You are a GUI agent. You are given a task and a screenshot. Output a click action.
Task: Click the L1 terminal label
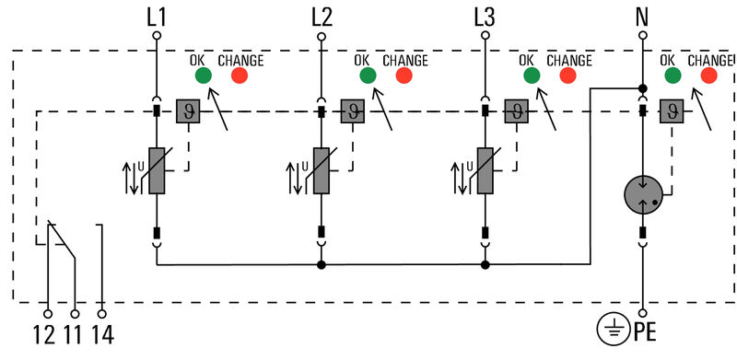156,16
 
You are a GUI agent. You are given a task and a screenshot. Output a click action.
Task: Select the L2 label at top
321,16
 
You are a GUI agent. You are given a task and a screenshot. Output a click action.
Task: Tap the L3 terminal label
485,16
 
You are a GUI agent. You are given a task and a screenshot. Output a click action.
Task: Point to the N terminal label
643,16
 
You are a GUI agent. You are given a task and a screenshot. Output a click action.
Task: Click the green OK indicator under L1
204,75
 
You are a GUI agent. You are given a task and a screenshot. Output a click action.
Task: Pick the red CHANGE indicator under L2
404,75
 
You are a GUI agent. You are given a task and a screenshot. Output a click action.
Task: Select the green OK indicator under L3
531,75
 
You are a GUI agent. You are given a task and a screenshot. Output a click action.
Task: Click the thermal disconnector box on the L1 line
188,111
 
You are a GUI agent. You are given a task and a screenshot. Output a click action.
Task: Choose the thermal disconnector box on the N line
672,111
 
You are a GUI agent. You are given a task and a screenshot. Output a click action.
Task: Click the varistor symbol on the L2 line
322,170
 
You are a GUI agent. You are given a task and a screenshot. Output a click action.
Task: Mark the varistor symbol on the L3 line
485,170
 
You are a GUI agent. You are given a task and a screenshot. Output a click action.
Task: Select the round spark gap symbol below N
643,194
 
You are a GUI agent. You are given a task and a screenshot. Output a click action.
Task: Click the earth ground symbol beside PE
612,328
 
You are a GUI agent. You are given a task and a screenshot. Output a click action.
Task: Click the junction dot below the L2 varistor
322,265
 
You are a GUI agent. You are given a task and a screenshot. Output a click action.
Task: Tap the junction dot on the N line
643,88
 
